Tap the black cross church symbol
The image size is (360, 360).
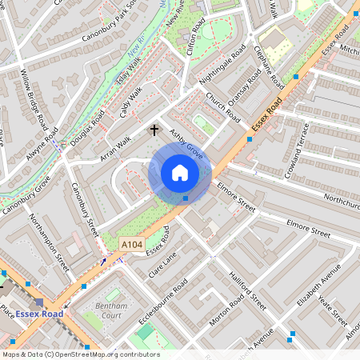(x=154, y=128)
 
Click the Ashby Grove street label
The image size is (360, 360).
(x=185, y=141)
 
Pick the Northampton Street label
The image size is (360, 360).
(x=49, y=239)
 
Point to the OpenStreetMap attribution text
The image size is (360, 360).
(x=80, y=354)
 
